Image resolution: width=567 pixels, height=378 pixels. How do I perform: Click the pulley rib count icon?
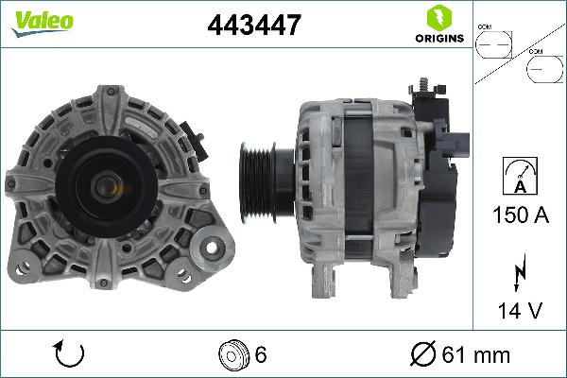tap(232, 354)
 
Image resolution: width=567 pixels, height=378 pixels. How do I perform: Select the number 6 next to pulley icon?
tap(260, 355)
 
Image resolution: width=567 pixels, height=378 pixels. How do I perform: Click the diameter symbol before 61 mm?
tap(423, 355)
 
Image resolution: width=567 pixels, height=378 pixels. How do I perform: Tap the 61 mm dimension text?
tap(479, 355)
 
